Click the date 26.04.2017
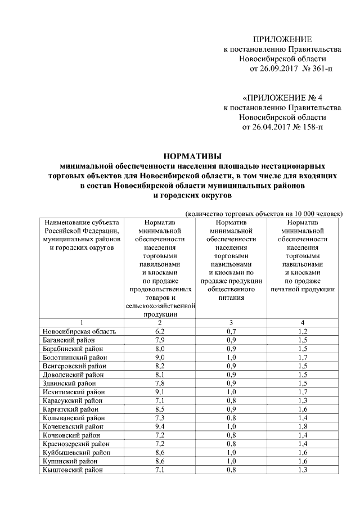[x=263, y=127]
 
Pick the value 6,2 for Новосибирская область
[x=160, y=331]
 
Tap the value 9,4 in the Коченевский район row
[x=160, y=427]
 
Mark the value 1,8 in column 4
[x=303, y=427]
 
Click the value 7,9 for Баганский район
[x=160, y=340]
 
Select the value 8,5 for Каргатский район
[x=160, y=409]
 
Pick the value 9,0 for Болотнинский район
[x=160, y=357]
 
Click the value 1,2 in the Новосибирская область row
[x=303, y=331]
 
